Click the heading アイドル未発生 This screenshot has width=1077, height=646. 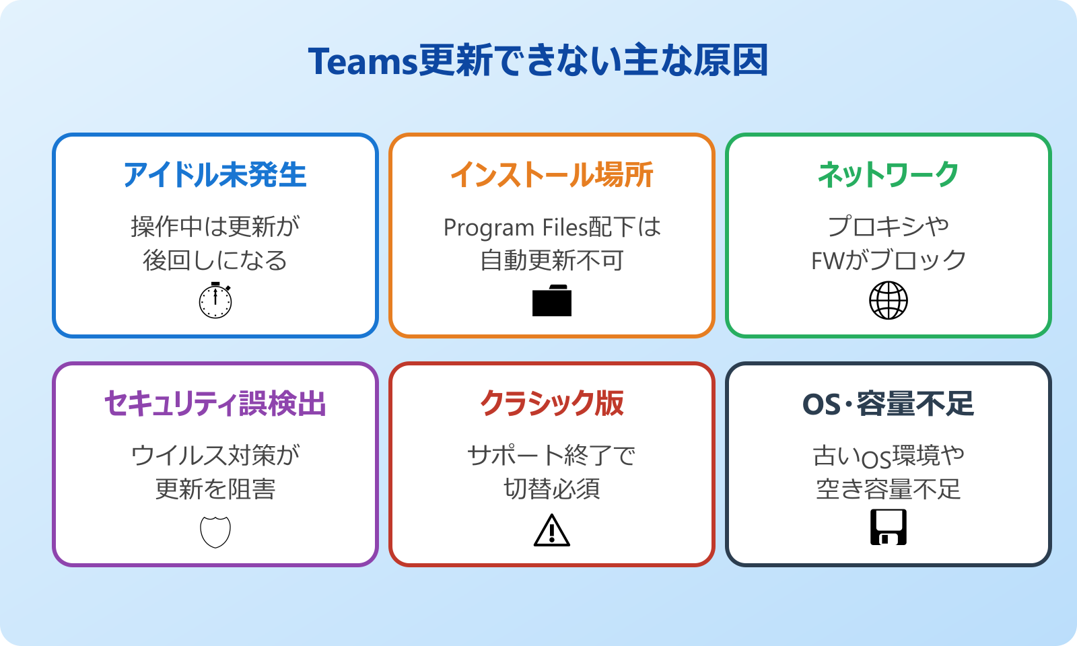pos(215,175)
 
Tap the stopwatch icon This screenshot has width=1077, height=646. pos(215,301)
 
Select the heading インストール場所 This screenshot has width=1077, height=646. pos(551,175)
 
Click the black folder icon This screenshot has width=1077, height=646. pos(552,301)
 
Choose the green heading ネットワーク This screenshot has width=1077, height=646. pos(888,175)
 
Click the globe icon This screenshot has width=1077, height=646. pos(889,301)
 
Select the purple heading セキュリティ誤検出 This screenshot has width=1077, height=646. pos(215,404)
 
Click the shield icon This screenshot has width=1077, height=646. pos(215,532)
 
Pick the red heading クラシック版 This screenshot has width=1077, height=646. pos(551,404)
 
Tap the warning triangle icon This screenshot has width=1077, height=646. pos(552,530)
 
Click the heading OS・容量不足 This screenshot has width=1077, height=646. pos(888,404)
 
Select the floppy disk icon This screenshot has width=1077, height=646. pos(889,527)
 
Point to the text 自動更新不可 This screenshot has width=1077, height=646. pos(552,261)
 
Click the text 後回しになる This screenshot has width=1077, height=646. pos(215,261)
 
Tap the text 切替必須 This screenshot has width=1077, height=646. pos(552,489)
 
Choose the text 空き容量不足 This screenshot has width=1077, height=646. pos(889,489)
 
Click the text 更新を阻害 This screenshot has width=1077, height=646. pos(215,489)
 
